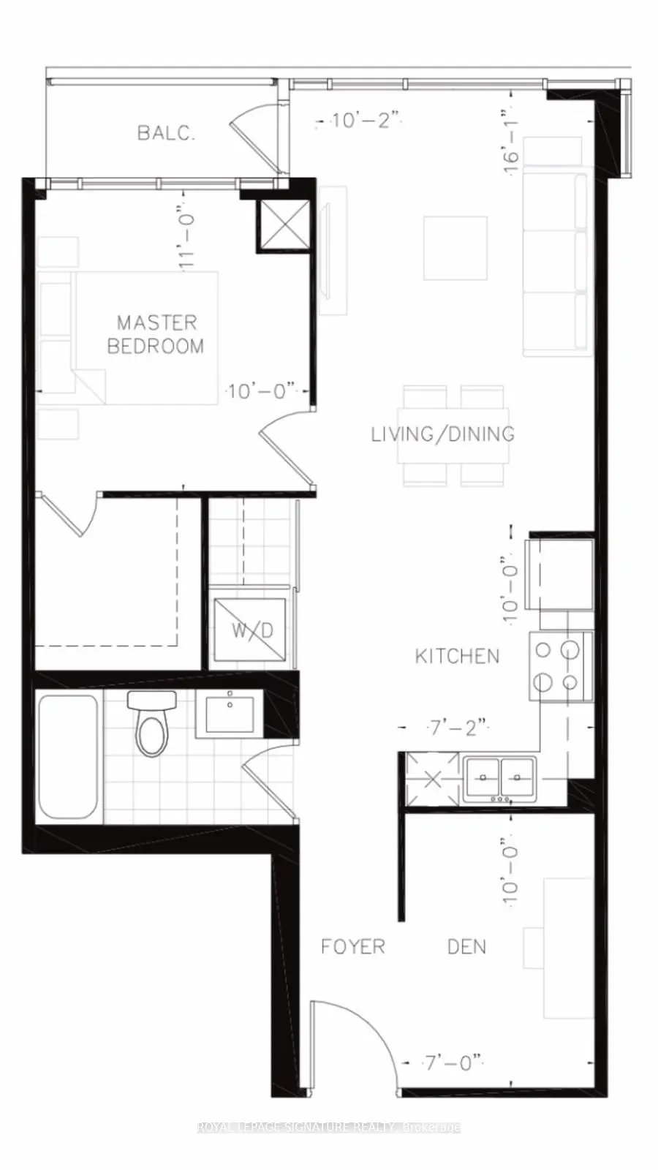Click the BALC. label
[x=166, y=133]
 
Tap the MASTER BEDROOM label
[x=156, y=334]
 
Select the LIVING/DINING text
[x=442, y=434]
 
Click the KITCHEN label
[x=458, y=656]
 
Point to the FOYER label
[x=353, y=947]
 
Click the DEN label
[x=466, y=947]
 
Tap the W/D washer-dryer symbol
[x=250, y=630]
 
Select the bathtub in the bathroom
[x=68, y=757]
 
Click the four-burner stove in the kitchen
[x=559, y=666]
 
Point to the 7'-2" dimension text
[x=457, y=728]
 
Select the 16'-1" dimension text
[x=512, y=141]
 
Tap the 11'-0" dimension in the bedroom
[x=188, y=238]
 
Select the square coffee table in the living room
[x=455, y=248]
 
